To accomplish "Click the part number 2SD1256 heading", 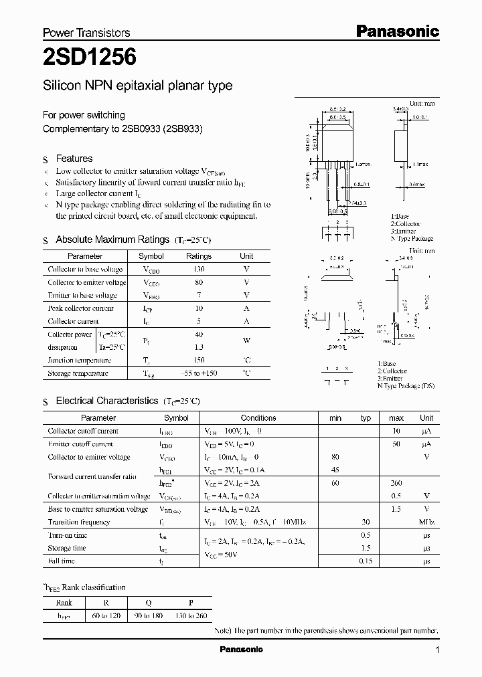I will [90, 58].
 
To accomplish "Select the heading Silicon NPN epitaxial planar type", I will [137, 86].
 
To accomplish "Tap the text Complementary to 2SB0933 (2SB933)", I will [123, 128].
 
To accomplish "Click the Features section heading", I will [74, 159].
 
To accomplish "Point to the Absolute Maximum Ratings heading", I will [112, 239].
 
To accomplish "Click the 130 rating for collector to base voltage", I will [199, 269].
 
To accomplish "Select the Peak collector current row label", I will [80, 308].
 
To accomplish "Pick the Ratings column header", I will [199, 256].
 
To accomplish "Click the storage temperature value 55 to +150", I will [199, 373].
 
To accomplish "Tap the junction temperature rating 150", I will [199, 360].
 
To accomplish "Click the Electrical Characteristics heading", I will [106, 401].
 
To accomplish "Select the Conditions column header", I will [258, 418].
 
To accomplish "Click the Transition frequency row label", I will [78, 522].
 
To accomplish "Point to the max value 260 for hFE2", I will [396, 483].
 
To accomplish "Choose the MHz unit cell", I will [426, 522].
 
